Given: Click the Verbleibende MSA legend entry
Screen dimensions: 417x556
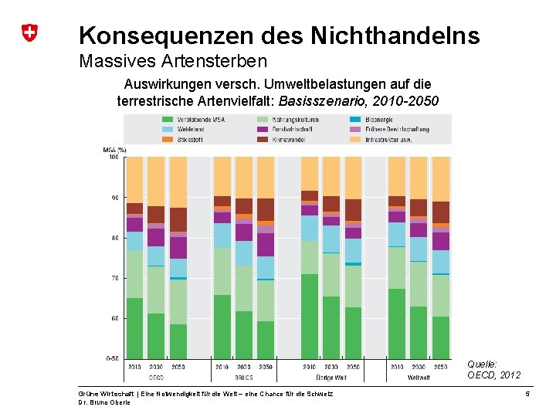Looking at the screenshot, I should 201,120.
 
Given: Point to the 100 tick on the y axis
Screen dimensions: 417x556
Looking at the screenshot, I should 113,157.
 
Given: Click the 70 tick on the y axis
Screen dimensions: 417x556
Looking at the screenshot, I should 114,278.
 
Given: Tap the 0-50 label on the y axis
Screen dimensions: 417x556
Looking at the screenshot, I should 112,358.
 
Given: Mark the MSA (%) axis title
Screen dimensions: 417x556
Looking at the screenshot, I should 114,149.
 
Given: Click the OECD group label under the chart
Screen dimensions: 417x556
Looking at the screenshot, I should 155,378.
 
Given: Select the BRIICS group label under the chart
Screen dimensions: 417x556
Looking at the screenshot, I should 243,378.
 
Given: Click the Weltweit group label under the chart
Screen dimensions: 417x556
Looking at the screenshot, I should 419,378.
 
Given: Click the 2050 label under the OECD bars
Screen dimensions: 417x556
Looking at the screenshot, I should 178,367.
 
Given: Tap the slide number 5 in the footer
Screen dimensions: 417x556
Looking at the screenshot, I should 526,395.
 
